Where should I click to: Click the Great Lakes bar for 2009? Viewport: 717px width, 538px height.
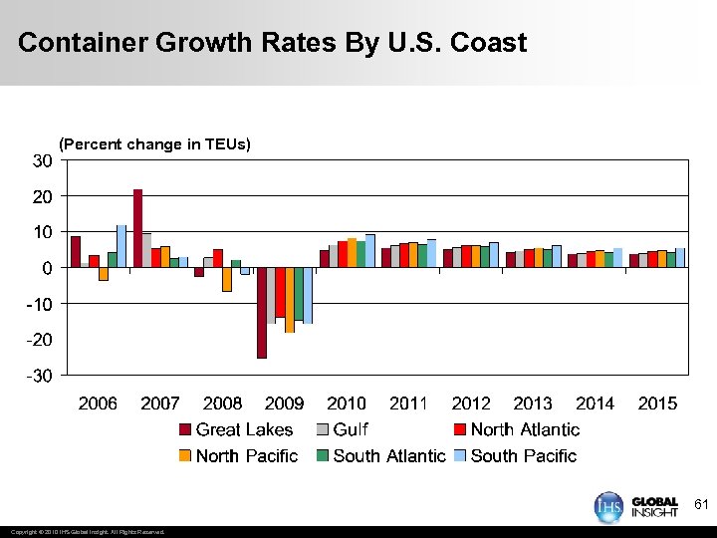coord(262,312)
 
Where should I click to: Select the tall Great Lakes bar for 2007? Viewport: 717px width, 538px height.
coord(137,228)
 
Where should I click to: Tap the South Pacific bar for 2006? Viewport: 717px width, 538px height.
coord(121,246)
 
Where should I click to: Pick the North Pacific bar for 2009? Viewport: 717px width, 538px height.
coord(290,300)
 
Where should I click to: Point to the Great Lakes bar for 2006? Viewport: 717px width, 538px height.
coord(76,252)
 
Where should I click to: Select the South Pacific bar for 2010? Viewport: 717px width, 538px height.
coord(370,251)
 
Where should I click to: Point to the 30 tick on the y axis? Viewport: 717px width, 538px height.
coord(42,161)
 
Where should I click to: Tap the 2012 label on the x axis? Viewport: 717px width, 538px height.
coord(471,403)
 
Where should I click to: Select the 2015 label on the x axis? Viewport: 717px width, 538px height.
coord(657,403)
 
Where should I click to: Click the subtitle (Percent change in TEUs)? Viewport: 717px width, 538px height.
coord(155,144)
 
